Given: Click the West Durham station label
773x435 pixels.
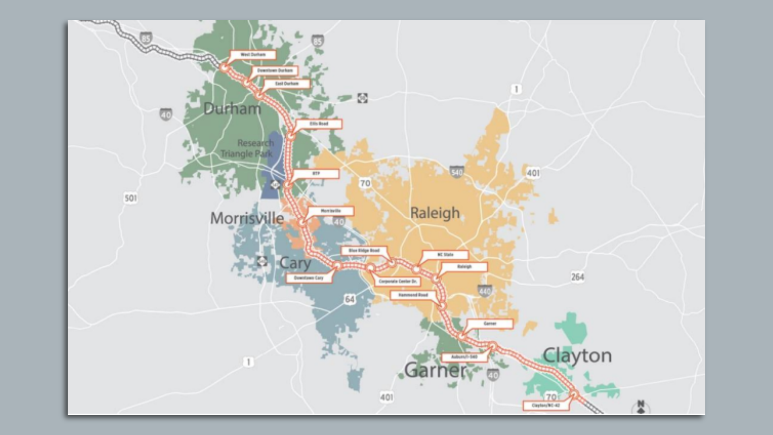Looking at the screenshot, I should click(x=253, y=55).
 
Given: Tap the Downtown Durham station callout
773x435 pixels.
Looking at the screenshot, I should click(x=275, y=70).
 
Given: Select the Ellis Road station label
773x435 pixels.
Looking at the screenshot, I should click(x=319, y=124).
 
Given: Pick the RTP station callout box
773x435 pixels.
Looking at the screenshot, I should click(x=316, y=174).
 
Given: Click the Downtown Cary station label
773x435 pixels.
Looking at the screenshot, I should click(x=309, y=278).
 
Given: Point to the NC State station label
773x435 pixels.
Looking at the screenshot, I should click(x=445, y=255).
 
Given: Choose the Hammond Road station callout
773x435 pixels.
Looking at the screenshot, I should click(x=413, y=295).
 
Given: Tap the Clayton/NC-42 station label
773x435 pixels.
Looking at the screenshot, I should click(x=546, y=405).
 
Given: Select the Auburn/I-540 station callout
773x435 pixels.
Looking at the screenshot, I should click(x=464, y=357).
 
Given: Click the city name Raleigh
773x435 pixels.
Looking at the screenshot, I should click(x=435, y=213).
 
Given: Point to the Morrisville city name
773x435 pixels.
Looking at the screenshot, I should click(x=247, y=218).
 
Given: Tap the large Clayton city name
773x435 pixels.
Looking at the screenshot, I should click(x=577, y=356).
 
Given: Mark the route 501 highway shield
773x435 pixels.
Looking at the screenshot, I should click(x=130, y=198).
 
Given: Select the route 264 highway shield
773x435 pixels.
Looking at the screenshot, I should click(x=577, y=277).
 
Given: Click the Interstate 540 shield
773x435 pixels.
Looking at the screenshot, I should click(x=457, y=172).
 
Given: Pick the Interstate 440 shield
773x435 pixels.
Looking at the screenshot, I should click(x=485, y=291).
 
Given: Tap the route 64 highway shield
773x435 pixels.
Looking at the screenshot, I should click(x=349, y=299).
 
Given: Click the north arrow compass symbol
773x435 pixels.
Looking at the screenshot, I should click(x=641, y=407).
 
